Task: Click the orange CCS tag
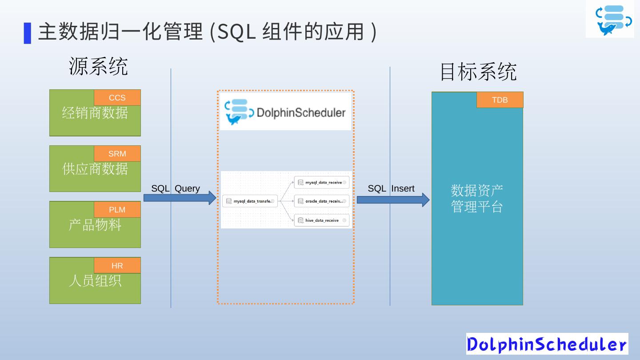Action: pyautogui.click(x=117, y=98)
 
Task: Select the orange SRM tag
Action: pyautogui.click(x=117, y=154)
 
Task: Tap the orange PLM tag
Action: pyautogui.click(x=117, y=210)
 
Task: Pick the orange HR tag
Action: pyautogui.click(x=117, y=266)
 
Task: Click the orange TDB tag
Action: pyautogui.click(x=500, y=100)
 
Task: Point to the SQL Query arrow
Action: pyautogui.click(x=180, y=198)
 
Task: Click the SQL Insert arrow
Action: pyautogui.click(x=393, y=200)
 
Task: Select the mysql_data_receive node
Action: pyautogui.click(x=322, y=183)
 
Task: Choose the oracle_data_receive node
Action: pyautogui.click(x=322, y=201)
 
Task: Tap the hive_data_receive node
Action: pyautogui.click(x=322, y=220)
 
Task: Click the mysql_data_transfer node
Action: pyautogui.click(x=250, y=201)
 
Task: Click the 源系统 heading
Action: pyautogui.click(x=98, y=66)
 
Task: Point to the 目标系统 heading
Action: pyautogui.click(x=478, y=72)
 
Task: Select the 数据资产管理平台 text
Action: pyautogui.click(x=477, y=199)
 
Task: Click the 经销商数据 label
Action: pyautogui.click(x=95, y=113)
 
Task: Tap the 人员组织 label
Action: pyautogui.click(x=95, y=281)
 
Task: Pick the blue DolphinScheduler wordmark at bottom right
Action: pyautogui.click(x=547, y=344)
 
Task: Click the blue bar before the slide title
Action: pyautogui.click(x=28, y=33)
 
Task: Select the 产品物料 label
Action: pyautogui.click(x=95, y=225)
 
